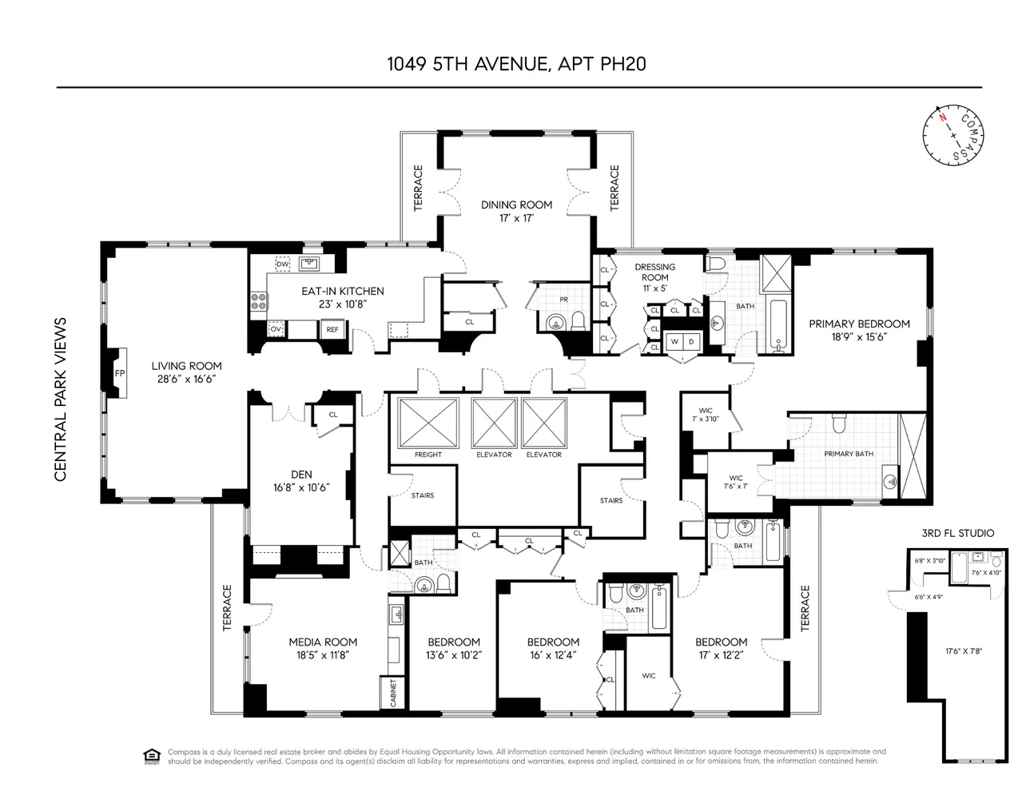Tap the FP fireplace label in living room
pos(120,372)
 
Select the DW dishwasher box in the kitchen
pos(282,264)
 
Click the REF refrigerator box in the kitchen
pos(332,329)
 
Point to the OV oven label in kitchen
pos(276,329)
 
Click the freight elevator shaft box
pos(428,423)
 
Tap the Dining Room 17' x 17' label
pos(516,211)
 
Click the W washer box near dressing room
pos(674,342)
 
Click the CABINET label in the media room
pos(393,693)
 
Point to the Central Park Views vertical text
pos(60,399)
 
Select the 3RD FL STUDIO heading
pos(957,533)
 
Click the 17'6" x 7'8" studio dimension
pos(963,651)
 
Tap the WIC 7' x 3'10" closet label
pos(705,415)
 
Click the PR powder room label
pos(564,300)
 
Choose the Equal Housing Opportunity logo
pos(151,755)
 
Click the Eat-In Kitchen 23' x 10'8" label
pos(342,297)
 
